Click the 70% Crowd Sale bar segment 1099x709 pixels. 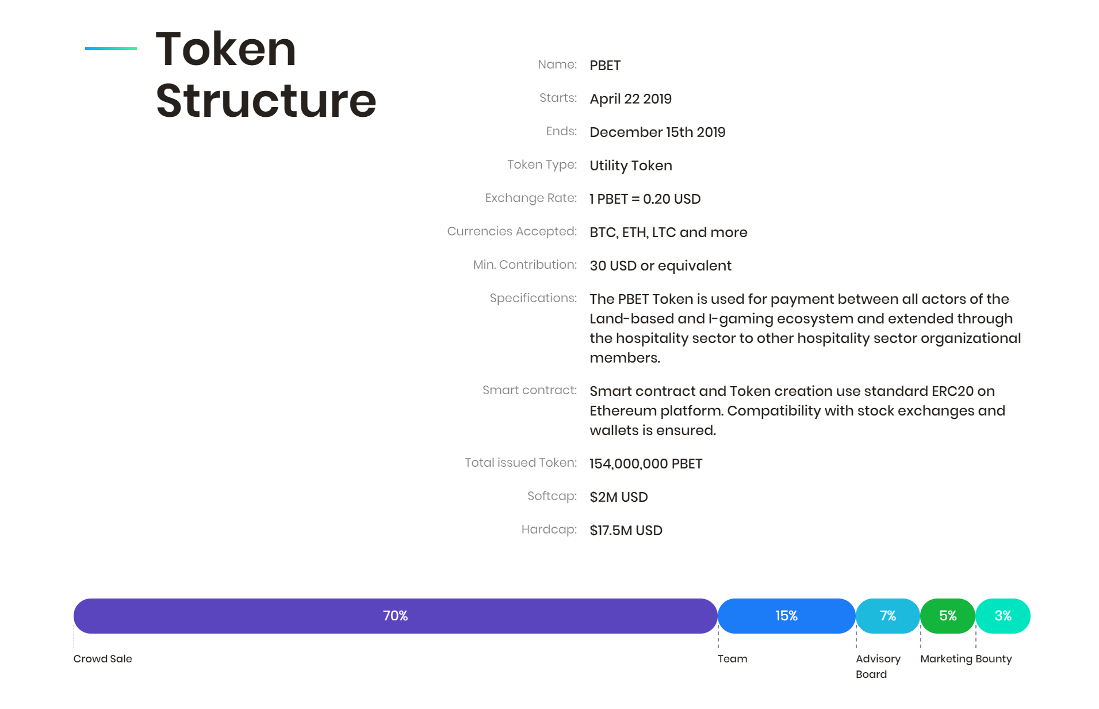(x=395, y=616)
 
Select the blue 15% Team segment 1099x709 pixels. (x=786, y=616)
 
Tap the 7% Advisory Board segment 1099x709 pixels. (x=887, y=616)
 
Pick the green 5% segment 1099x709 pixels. (x=948, y=616)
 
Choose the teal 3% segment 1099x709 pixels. (x=1003, y=616)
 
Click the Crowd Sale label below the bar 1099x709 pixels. (x=102, y=659)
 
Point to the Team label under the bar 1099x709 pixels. (x=732, y=659)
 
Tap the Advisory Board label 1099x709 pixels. (x=878, y=666)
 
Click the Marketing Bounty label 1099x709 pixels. (x=966, y=659)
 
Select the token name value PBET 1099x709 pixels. (x=605, y=66)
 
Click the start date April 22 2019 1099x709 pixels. (x=630, y=99)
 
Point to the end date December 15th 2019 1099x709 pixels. (x=657, y=132)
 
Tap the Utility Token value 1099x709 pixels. (x=631, y=166)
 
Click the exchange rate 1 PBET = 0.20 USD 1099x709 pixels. (x=645, y=199)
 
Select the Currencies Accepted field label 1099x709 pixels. (x=512, y=231)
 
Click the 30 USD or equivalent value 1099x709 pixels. (x=660, y=266)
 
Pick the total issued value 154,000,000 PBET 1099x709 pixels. (x=646, y=464)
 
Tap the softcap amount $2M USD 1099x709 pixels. (x=619, y=497)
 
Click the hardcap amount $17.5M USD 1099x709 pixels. (x=626, y=531)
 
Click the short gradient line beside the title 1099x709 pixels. (x=111, y=48)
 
